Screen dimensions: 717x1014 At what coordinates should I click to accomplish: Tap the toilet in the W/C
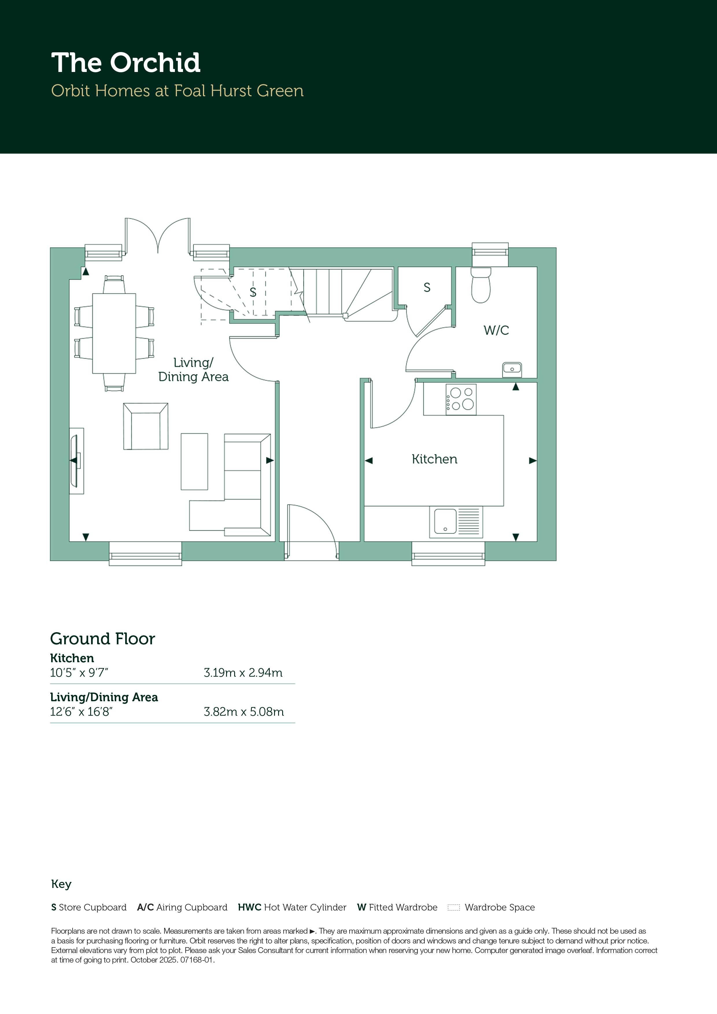[481, 284]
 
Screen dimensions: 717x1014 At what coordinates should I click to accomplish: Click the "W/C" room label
[496, 330]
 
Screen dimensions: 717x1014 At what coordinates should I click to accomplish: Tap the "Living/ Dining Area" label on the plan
[193, 370]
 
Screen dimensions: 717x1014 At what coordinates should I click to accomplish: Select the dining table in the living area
[114, 334]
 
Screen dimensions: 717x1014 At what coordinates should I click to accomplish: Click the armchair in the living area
[146, 426]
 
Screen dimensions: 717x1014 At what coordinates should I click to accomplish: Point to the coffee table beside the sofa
[194, 462]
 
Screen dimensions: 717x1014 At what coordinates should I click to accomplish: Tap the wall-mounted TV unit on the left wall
[76, 461]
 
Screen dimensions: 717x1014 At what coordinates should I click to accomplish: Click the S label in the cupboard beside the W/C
[427, 288]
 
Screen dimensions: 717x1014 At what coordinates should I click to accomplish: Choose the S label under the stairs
[253, 292]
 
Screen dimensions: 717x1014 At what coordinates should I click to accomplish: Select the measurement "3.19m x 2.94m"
[243, 673]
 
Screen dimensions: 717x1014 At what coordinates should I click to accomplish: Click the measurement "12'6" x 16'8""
[81, 711]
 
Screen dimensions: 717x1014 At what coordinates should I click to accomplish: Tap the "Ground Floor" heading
[103, 639]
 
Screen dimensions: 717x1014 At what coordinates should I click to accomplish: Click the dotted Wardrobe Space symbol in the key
[454, 908]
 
